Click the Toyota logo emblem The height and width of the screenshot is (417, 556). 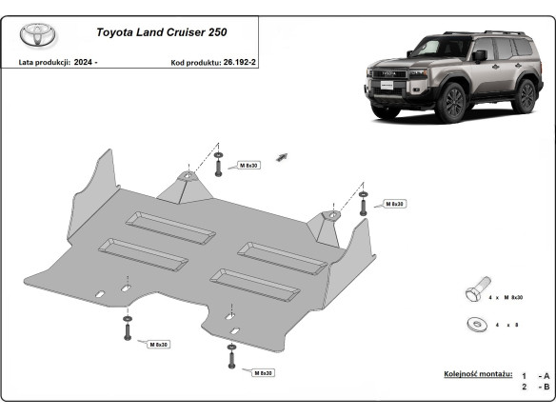pyautogui.click(x=39, y=35)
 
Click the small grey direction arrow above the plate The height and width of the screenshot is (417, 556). pyautogui.click(x=281, y=154)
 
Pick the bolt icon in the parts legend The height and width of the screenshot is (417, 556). pyautogui.click(x=479, y=288)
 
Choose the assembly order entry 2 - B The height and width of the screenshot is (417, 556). pyautogui.click(x=536, y=387)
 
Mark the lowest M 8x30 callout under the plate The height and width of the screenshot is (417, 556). pyautogui.click(x=260, y=372)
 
